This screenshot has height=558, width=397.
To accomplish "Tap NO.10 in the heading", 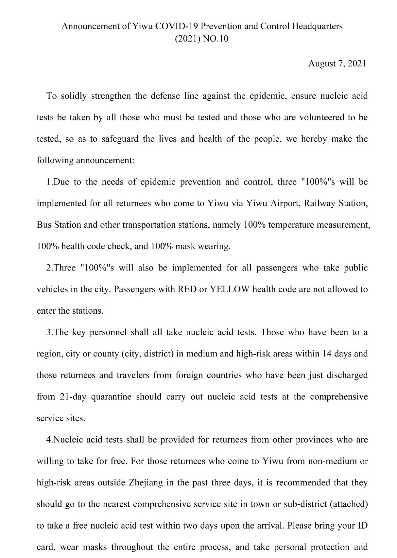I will pos(216,39).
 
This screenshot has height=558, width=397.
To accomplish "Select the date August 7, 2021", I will pos(337,63).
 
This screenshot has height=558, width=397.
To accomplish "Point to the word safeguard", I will pos(120,139).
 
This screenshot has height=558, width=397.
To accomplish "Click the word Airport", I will pos(285,203).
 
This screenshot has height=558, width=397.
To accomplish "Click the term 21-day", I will pos(73,397).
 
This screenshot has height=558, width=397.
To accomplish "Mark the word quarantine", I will pos(111,397).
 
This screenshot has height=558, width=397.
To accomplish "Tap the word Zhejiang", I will pos(146,483).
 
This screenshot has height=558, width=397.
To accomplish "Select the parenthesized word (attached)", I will pos(349,504).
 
